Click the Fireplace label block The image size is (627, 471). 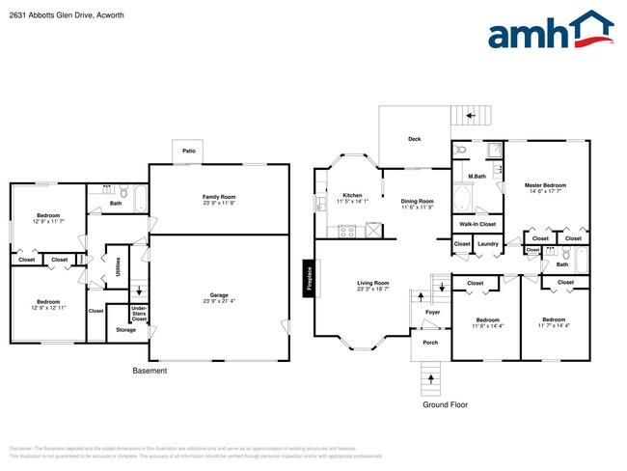point(310,278)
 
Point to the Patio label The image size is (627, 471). point(186,151)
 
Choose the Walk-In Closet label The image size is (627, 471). point(475,224)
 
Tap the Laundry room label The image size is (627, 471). point(488,244)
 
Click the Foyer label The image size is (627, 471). point(432,312)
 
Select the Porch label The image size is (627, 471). point(430,342)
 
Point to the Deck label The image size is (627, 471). point(414,139)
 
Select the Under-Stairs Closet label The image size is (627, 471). point(139,313)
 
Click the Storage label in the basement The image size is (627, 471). point(125,330)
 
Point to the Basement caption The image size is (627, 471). point(150,371)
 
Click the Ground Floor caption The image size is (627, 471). point(446,404)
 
